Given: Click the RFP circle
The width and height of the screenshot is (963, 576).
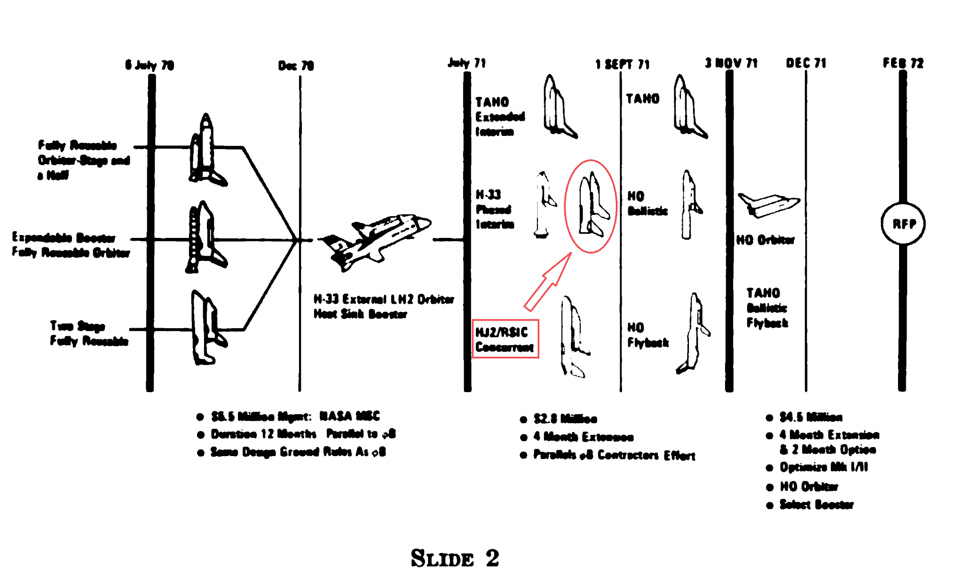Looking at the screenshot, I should tap(903, 224).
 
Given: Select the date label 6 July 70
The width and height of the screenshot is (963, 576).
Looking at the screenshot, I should tap(150, 65).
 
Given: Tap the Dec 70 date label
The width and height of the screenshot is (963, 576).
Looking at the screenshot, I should tap(296, 65).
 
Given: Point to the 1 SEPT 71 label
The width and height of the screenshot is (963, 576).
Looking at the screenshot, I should tap(622, 64).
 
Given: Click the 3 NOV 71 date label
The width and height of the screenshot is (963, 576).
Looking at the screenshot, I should tap(731, 63).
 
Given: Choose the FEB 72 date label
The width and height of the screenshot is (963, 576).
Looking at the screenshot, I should tap(903, 63).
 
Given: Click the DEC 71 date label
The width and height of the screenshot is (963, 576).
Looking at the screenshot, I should tap(806, 63).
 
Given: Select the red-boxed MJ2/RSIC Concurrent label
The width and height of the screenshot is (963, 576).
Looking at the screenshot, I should tap(505, 339).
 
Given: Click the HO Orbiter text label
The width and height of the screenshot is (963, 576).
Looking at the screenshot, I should tap(765, 240).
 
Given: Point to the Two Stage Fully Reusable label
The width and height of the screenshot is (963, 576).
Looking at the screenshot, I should tap(89, 333).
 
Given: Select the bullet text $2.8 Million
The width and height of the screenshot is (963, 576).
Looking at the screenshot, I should tap(565, 418).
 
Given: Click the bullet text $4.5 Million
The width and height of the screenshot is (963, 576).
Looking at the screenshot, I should tap(811, 417).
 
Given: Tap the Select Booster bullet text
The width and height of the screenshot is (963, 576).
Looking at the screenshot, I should tap(816, 505).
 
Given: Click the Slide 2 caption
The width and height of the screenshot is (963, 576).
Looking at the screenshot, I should tap(455, 559).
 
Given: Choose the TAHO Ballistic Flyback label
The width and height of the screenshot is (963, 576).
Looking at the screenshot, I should tap(766, 308).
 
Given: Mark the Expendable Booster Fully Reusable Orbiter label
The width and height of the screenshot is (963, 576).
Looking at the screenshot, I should tap(71, 245).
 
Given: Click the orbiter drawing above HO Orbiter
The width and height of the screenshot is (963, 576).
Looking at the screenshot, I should tap(768, 205).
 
